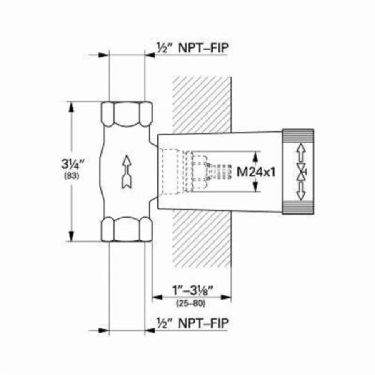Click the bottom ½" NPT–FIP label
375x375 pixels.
click(192, 323)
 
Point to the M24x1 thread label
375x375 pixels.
click(256, 172)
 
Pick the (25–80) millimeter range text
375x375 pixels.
click(191, 303)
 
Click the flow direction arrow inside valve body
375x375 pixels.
click(126, 171)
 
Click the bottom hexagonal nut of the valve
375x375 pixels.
click(127, 229)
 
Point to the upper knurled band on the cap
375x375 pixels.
click(298, 135)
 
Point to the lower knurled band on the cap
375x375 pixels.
click(298, 207)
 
